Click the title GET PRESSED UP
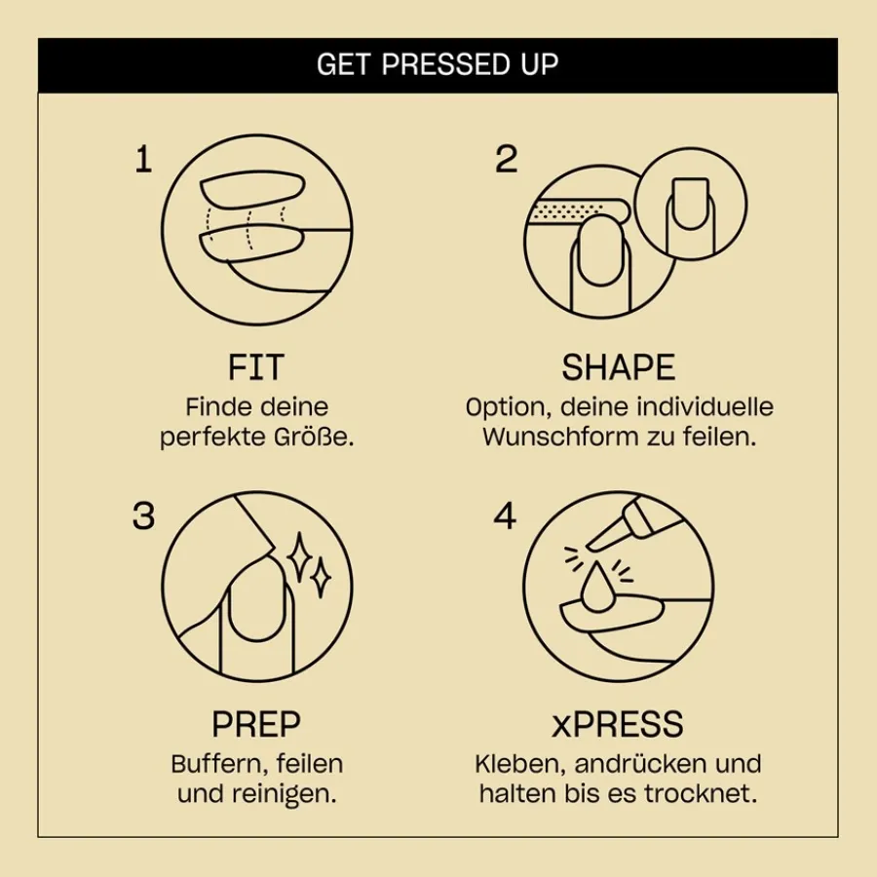pyautogui.click(x=438, y=64)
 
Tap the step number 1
pyautogui.click(x=143, y=159)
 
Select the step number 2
pyautogui.click(x=506, y=159)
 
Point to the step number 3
pyautogui.click(x=143, y=516)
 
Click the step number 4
pyautogui.click(x=505, y=516)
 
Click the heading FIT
pyautogui.click(x=256, y=367)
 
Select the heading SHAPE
pyautogui.click(x=618, y=367)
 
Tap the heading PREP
pyautogui.click(x=256, y=725)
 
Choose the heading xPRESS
pyautogui.click(x=618, y=725)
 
